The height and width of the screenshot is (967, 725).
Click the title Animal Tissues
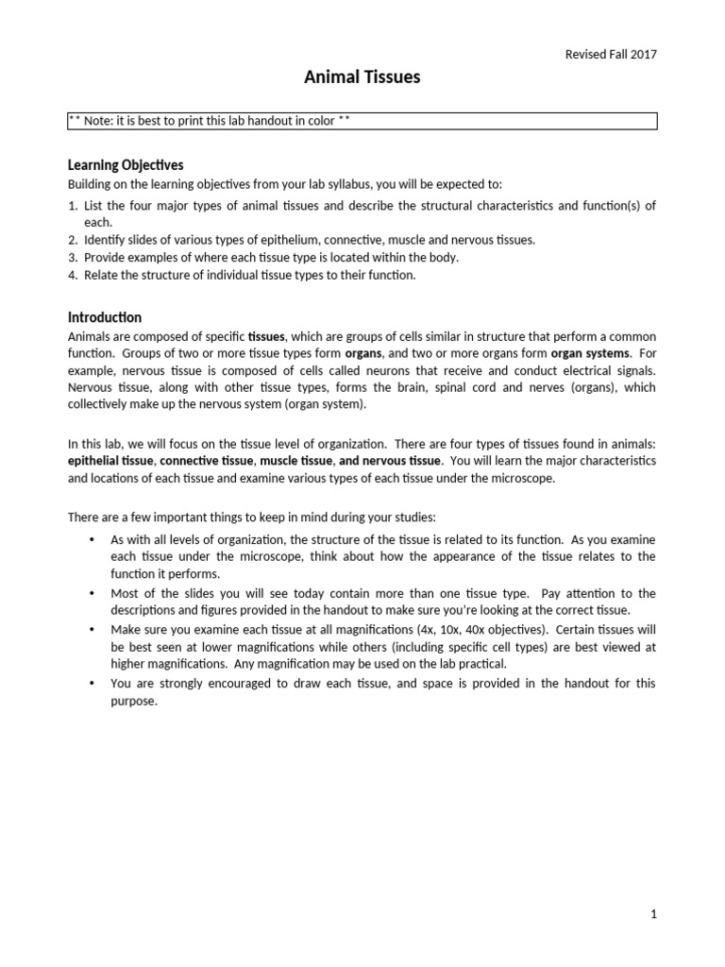coord(362,78)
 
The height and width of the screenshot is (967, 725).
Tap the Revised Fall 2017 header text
coord(609,54)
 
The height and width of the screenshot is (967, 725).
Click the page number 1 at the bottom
coord(652,914)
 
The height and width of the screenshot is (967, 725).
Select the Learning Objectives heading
coord(126,165)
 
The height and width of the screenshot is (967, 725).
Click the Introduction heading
coord(105,317)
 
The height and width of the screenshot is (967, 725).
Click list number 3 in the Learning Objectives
coord(73,257)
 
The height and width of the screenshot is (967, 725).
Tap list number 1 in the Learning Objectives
coord(73,206)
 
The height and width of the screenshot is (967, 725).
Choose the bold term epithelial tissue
coord(110,461)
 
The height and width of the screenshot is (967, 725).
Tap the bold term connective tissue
coord(206,461)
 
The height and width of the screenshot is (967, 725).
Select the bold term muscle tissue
coord(295,461)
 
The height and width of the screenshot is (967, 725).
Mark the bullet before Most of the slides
coord(92,593)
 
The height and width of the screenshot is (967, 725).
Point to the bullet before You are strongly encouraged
coord(92,683)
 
